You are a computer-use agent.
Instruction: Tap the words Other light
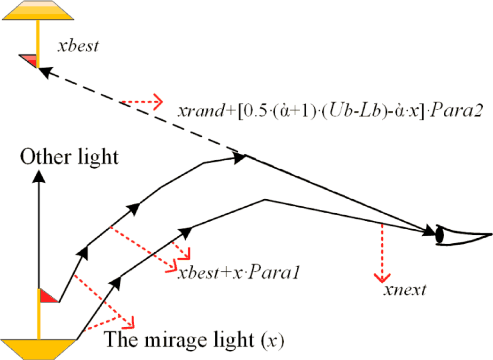pyautogui.click(x=69, y=157)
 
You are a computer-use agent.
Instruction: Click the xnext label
pyautogui.click(x=404, y=290)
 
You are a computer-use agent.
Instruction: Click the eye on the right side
pyautogui.click(x=462, y=235)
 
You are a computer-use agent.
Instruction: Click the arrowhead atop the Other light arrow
pyautogui.click(x=39, y=176)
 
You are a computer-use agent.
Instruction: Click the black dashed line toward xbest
pyautogui.click(x=141, y=113)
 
